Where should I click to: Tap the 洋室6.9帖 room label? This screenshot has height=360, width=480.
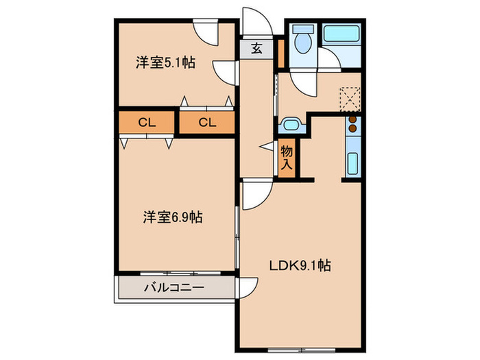(172, 217)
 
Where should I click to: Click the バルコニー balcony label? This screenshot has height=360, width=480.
(173, 287)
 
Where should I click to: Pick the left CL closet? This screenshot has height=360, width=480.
(147, 123)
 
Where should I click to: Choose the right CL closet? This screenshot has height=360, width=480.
(207, 123)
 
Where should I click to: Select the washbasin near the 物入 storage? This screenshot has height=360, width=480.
(291, 125)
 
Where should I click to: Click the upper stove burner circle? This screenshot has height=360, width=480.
(352, 119)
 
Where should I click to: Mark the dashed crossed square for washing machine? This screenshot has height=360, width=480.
(350, 97)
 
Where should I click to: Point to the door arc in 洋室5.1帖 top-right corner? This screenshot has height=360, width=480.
(206, 31)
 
